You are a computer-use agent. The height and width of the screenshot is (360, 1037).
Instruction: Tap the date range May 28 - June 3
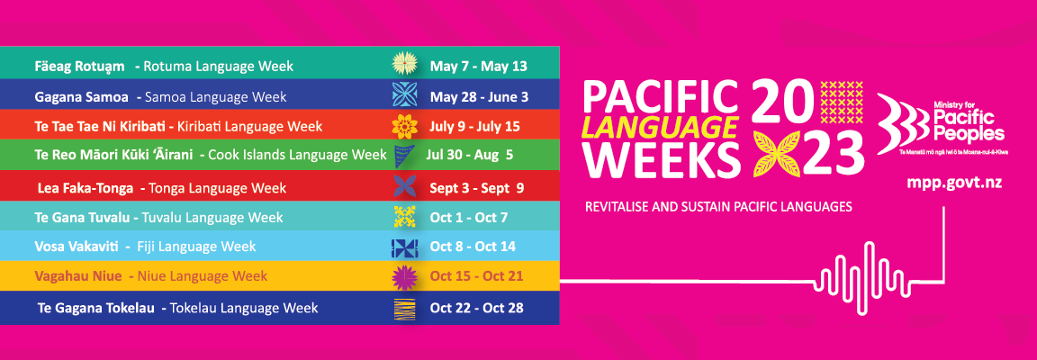coord(479,96)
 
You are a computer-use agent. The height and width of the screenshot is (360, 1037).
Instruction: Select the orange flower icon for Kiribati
coord(404,125)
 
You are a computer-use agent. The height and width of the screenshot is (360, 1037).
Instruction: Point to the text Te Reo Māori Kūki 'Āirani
coord(113,155)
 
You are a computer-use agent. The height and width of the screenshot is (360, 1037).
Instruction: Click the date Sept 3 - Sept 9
coord(476,188)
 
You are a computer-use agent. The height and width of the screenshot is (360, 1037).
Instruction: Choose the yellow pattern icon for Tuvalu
coord(404,216)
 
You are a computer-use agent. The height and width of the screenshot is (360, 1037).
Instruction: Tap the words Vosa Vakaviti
coord(76,247)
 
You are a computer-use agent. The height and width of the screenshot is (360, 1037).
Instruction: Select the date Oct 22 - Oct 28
coord(476,308)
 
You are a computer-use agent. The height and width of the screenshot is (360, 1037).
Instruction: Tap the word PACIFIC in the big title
coord(659,96)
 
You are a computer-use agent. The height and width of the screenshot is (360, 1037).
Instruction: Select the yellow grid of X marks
coord(842,103)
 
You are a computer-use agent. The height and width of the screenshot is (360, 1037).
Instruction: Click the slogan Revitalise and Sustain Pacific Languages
coord(718,207)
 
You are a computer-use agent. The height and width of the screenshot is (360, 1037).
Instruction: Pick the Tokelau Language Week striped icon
coord(404,309)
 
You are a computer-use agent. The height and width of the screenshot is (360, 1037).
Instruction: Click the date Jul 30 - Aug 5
coord(472,155)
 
